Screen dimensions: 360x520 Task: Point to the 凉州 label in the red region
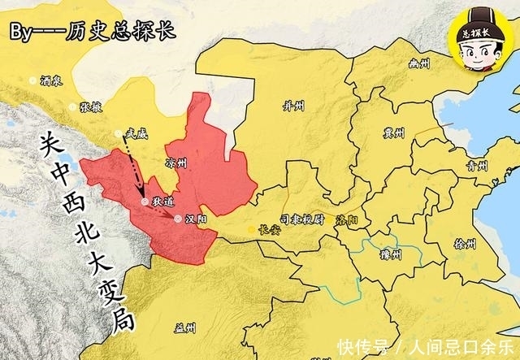pos(175,163)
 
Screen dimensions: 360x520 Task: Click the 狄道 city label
pos(163,201)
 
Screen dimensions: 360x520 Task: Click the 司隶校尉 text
pos(302,219)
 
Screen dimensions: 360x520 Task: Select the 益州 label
pos(184,328)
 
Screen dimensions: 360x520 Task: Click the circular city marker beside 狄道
pos(145,201)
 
